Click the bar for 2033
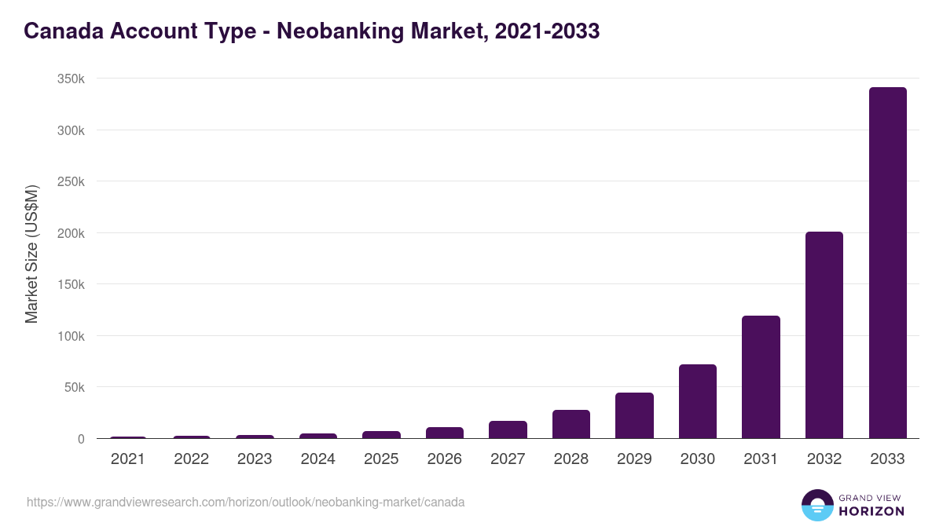(x=887, y=263)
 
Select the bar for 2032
(x=824, y=335)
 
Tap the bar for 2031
(x=761, y=377)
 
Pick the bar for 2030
(x=698, y=401)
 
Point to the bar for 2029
(x=634, y=415)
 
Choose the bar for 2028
(x=571, y=424)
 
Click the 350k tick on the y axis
(x=70, y=79)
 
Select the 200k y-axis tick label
(x=70, y=233)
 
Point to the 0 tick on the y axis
(x=81, y=439)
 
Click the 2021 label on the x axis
(x=128, y=459)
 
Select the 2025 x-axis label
(x=381, y=459)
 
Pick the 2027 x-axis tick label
(x=508, y=459)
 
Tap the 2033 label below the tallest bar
(x=887, y=459)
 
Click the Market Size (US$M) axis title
(x=31, y=254)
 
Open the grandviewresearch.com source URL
(x=246, y=502)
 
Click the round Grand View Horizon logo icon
(x=816, y=505)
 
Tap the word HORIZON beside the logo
(x=871, y=511)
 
